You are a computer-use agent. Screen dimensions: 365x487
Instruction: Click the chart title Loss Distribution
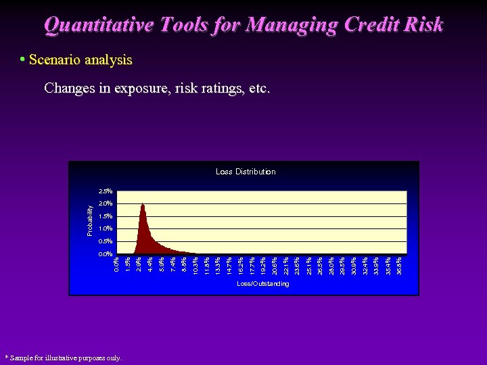pyautogui.click(x=246, y=172)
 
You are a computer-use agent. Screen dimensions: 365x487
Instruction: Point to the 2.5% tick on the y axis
pyautogui.click(x=105, y=191)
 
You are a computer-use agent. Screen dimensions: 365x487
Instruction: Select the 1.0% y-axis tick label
pyautogui.click(x=105, y=229)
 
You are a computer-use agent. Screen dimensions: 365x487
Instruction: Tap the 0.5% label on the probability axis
pyautogui.click(x=105, y=241)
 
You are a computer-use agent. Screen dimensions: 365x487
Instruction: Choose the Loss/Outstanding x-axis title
pyautogui.click(x=262, y=284)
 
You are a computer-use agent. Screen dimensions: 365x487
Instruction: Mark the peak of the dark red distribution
pyautogui.click(x=142, y=204)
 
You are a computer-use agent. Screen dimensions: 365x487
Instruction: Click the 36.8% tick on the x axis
pyautogui.click(x=399, y=264)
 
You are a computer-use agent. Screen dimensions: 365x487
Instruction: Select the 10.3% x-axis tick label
pyautogui.click(x=195, y=264)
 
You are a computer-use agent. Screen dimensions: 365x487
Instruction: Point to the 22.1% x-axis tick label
pyautogui.click(x=286, y=264)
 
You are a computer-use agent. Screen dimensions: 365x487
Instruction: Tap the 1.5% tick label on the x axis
pyautogui.click(x=128, y=264)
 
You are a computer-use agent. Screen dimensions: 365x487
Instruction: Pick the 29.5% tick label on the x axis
pyautogui.click(x=342, y=264)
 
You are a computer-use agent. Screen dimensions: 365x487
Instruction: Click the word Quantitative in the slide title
pyautogui.click(x=95, y=25)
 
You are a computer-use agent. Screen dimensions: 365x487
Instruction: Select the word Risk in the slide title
pyautogui.click(x=421, y=25)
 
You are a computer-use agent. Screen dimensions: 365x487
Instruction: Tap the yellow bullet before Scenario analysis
pyautogui.click(x=22, y=59)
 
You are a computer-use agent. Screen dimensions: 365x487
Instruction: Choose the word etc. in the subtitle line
pyautogui.click(x=258, y=89)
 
